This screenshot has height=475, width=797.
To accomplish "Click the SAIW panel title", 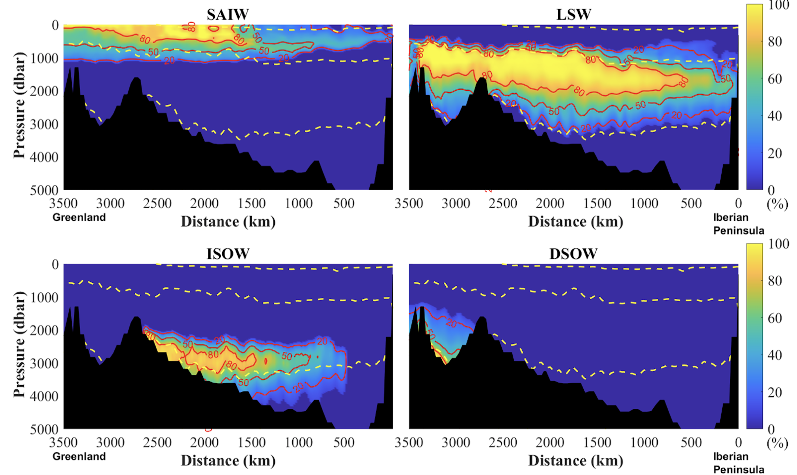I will click(x=228, y=15).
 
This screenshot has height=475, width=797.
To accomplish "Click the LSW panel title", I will click(x=574, y=15).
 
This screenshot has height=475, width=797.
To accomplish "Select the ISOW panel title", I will click(x=228, y=254).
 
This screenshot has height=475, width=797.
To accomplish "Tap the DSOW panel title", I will click(x=573, y=254).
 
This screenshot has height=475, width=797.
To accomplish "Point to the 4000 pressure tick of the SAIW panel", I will click(x=44, y=157).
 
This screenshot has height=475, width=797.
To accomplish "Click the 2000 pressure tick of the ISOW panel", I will click(x=44, y=330).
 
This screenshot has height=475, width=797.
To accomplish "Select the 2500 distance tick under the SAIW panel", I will click(x=157, y=203).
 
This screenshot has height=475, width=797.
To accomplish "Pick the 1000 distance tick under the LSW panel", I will click(x=644, y=203).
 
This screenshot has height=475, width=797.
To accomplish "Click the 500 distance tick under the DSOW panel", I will click(x=691, y=442).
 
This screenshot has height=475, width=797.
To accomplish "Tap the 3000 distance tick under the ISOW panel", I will click(x=110, y=442).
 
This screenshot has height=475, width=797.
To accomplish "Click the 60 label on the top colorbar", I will click(x=775, y=79).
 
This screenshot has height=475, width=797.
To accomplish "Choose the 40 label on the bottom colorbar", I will click(x=775, y=355).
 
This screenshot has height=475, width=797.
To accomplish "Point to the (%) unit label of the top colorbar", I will click(x=777, y=204).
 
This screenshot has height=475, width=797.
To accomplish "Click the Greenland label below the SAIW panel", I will click(x=79, y=218).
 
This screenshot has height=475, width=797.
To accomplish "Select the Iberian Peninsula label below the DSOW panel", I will click(x=739, y=463).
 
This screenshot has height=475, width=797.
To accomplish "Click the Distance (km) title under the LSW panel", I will click(x=575, y=222).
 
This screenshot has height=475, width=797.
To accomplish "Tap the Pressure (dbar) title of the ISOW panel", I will click(x=19, y=344).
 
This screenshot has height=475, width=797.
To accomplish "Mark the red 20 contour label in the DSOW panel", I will click(x=451, y=323).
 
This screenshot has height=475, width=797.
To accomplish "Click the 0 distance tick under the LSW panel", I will click(x=738, y=203).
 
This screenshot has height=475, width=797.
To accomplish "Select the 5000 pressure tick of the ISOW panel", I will click(x=44, y=429).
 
